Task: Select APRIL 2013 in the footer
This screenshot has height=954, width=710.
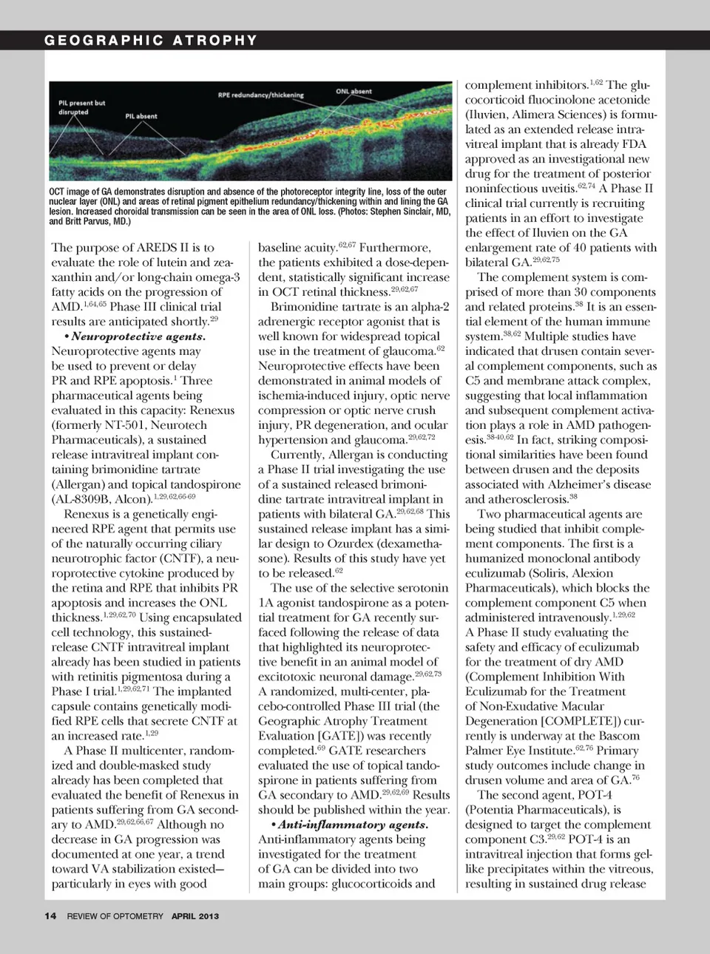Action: pyautogui.click(x=195, y=916)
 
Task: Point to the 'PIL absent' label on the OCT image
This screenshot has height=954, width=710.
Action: pyautogui.click(x=141, y=116)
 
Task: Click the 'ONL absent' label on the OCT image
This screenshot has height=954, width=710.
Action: pyautogui.click(x=354, y=92)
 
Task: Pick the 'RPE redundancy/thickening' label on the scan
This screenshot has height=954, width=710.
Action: pyautogui.click(x=260, y=95)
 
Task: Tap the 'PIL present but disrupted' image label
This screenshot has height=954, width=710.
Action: pyautogui.click(x=81, y=108)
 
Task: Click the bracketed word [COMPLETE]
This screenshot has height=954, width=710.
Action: pyautogui.click(x=579, y=721)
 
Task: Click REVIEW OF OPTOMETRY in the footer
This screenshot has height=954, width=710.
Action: pyautogui.click(x=115, y=916)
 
